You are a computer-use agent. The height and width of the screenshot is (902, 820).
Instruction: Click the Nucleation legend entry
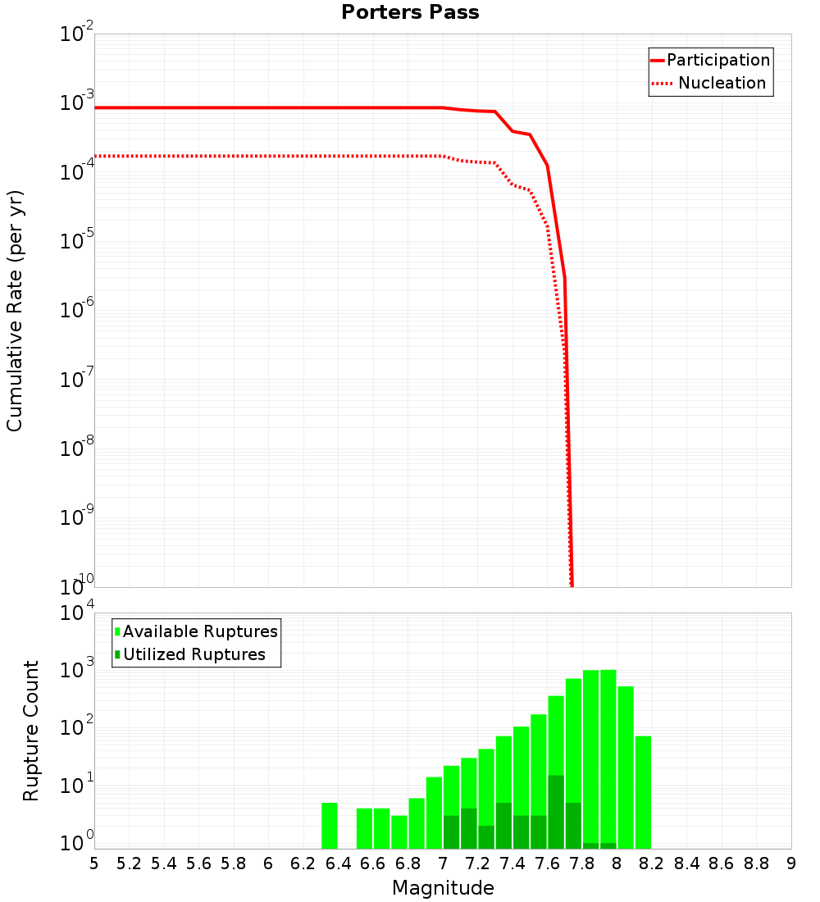click(x=722, y=83)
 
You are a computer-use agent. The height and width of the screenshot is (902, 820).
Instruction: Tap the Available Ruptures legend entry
click(x=200, y=631)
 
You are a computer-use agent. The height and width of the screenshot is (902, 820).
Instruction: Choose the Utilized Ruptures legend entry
click(x=194, y=654)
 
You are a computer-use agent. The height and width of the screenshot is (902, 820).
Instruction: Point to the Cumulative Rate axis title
click(x=15, y=311)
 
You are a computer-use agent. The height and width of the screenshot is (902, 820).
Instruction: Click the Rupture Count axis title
click(x=31, y=731)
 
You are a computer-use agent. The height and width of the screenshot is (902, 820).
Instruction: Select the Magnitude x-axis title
click(x=443, y=888)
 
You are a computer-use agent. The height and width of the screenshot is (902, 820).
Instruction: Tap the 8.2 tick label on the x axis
click(x=652, y=863)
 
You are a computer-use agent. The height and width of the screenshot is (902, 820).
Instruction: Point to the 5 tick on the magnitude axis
click(x=94, y=863)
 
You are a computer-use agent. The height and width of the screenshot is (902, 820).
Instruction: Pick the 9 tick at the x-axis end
click(x=790, y=863)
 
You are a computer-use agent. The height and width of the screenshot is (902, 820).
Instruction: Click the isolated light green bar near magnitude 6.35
click(x=329, y=826)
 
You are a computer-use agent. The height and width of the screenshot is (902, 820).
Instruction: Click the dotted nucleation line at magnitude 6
click(x=268, y=156)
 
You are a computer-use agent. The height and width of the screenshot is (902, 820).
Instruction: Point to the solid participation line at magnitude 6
click(x=268, y=107)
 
